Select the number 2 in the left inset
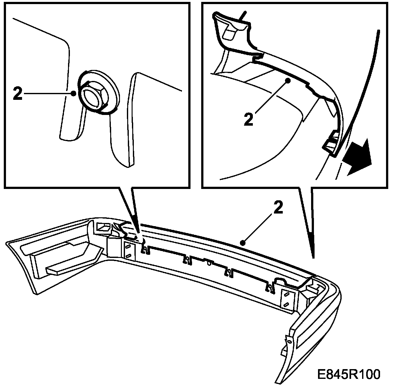pos(18,94)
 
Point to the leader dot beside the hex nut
pos(73,93)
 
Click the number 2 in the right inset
pos(248,120)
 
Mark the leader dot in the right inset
pos(288,81)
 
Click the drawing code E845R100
pos(349,375)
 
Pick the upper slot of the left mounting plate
pos(128,247)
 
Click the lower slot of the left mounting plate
pos(128,255)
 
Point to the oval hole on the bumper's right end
pos(288,342)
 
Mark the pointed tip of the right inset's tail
pos(313,257)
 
